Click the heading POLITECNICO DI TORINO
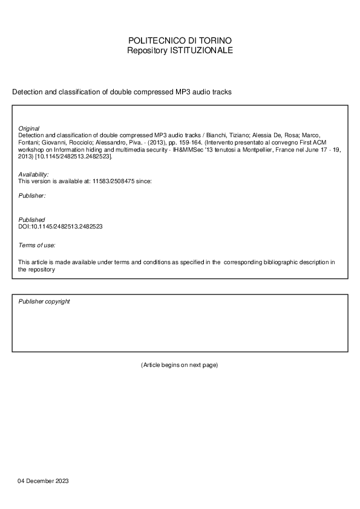(x=180, y=41)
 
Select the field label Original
(x=29, y=128)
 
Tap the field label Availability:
(x=34, y=174)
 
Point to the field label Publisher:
(x=31, y=196)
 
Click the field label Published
(x=31, y=219)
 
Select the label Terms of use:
(x=37, y=245)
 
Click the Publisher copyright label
(x=44, y=301)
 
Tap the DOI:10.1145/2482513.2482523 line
(x=61, y=226)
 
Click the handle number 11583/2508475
(x=113, y=181)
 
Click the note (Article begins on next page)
(x=179, y=365)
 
